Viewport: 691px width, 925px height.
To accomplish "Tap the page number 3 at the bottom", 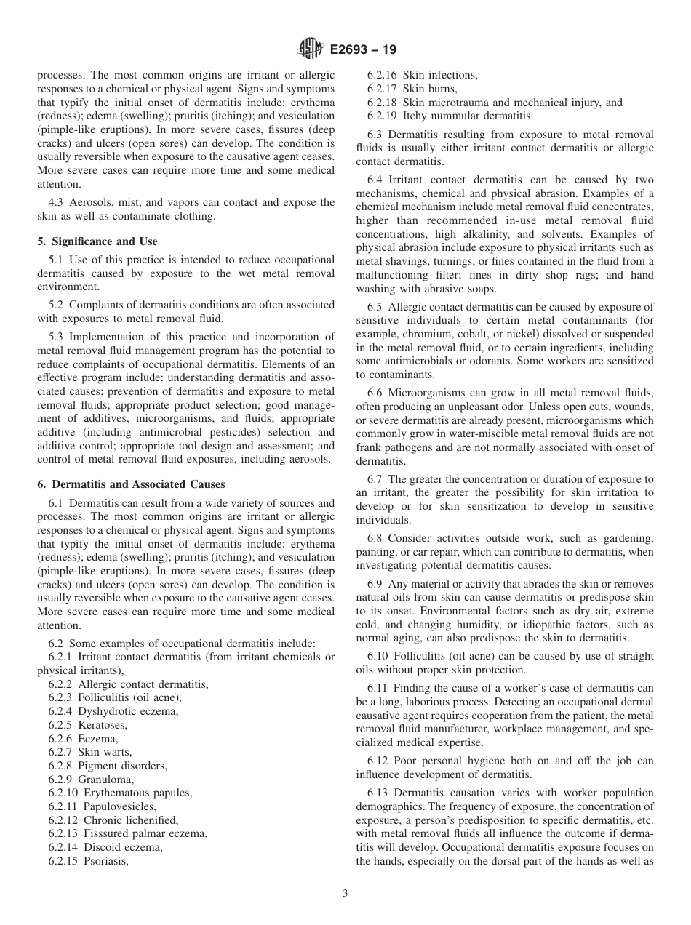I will tap(345, 893).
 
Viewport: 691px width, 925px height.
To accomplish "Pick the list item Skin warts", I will tap(105, 752).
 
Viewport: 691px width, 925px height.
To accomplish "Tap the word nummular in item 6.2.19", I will tap(458, 115).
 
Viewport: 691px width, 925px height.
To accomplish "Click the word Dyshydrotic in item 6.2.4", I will tap(105, 711).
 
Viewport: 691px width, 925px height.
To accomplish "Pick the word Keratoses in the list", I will tap(103, 725).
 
